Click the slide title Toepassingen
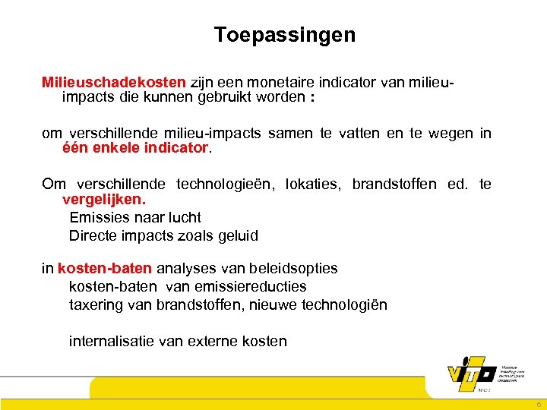pyautogui.click(x=284, y=35)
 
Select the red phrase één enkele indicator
pyautogui.click(x=134, y=148)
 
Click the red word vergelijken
pyautogui.click(x=103, y=199)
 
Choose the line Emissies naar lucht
pyautogui.click(x=134, y=217)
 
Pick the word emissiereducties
pyautogui.click(x=261, y=286)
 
